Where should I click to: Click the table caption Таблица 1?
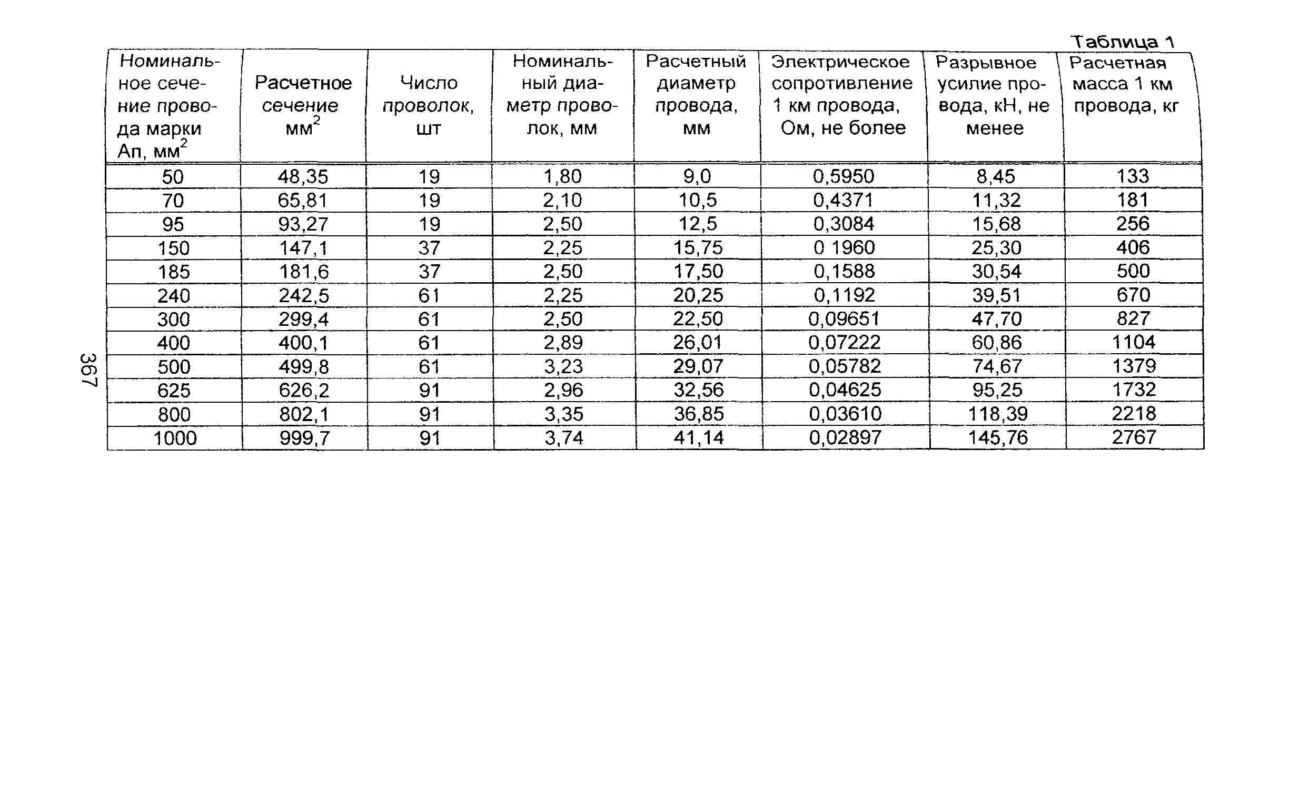[1123, 41]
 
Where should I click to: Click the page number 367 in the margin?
[88, 370]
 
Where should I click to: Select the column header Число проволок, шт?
[428, 105]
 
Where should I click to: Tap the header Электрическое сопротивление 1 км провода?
[842, 94]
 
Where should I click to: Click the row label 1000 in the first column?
[175, 438]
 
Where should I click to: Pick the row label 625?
[174, 391]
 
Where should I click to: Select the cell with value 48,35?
[303, 176]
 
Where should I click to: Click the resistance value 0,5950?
[844, 176]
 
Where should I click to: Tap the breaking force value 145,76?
[997, 437]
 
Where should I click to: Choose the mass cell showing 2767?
[1133, 437]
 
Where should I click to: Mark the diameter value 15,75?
[697, 247]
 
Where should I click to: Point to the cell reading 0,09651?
[844, 318]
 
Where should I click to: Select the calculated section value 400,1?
[303, 343]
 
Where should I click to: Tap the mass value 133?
[1132, 176]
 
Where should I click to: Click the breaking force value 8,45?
[996, 176]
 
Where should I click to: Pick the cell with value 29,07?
[698, 366]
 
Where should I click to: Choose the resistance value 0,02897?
[845, 437]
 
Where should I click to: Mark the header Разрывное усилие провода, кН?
[994, 95]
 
